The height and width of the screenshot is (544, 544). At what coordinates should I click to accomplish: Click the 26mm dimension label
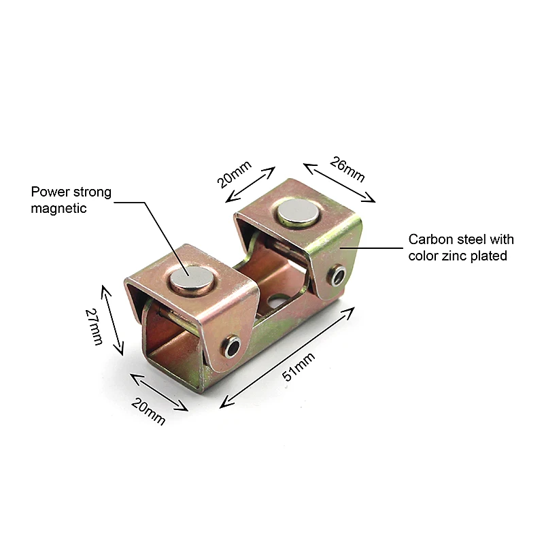347,169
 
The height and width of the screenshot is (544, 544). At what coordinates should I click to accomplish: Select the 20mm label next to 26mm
235,173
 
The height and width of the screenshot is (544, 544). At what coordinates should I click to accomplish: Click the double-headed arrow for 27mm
113,320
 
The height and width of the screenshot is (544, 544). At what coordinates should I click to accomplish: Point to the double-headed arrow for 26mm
339,182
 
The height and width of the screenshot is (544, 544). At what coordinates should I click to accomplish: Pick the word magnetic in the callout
58,209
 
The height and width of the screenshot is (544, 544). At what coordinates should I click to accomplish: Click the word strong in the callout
90,192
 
